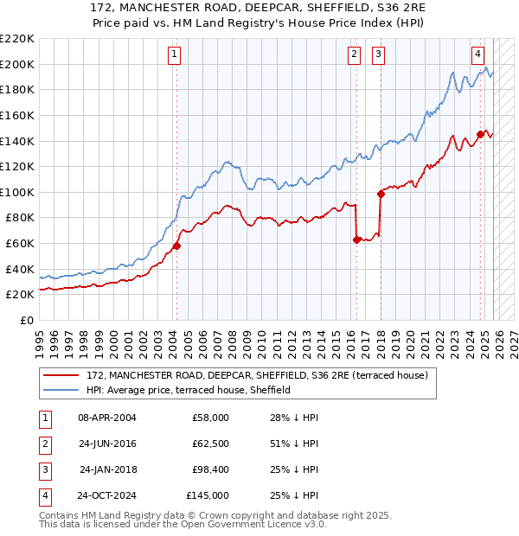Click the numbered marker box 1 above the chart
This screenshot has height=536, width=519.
pos(175,54)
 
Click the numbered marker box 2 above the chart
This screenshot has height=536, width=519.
pos(355,54)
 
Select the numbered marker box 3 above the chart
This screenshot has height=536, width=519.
pos(379,54)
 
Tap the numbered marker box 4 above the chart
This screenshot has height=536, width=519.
pos(477,54)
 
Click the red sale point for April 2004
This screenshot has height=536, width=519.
pos(176,246)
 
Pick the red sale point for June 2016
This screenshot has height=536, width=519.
pos(356,240)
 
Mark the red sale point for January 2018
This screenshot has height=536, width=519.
pos(380,194)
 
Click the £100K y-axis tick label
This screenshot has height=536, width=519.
pos(17,192)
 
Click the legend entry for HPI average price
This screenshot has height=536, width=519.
pos(188,390)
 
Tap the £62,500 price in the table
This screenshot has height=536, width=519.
pos(207,443)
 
